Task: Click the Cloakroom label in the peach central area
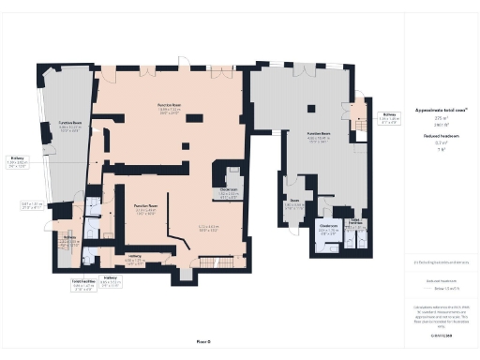(228, 191)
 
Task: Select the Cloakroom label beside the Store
(328, 227)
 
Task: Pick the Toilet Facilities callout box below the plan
(84, 282)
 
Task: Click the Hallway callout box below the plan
(111, 281)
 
